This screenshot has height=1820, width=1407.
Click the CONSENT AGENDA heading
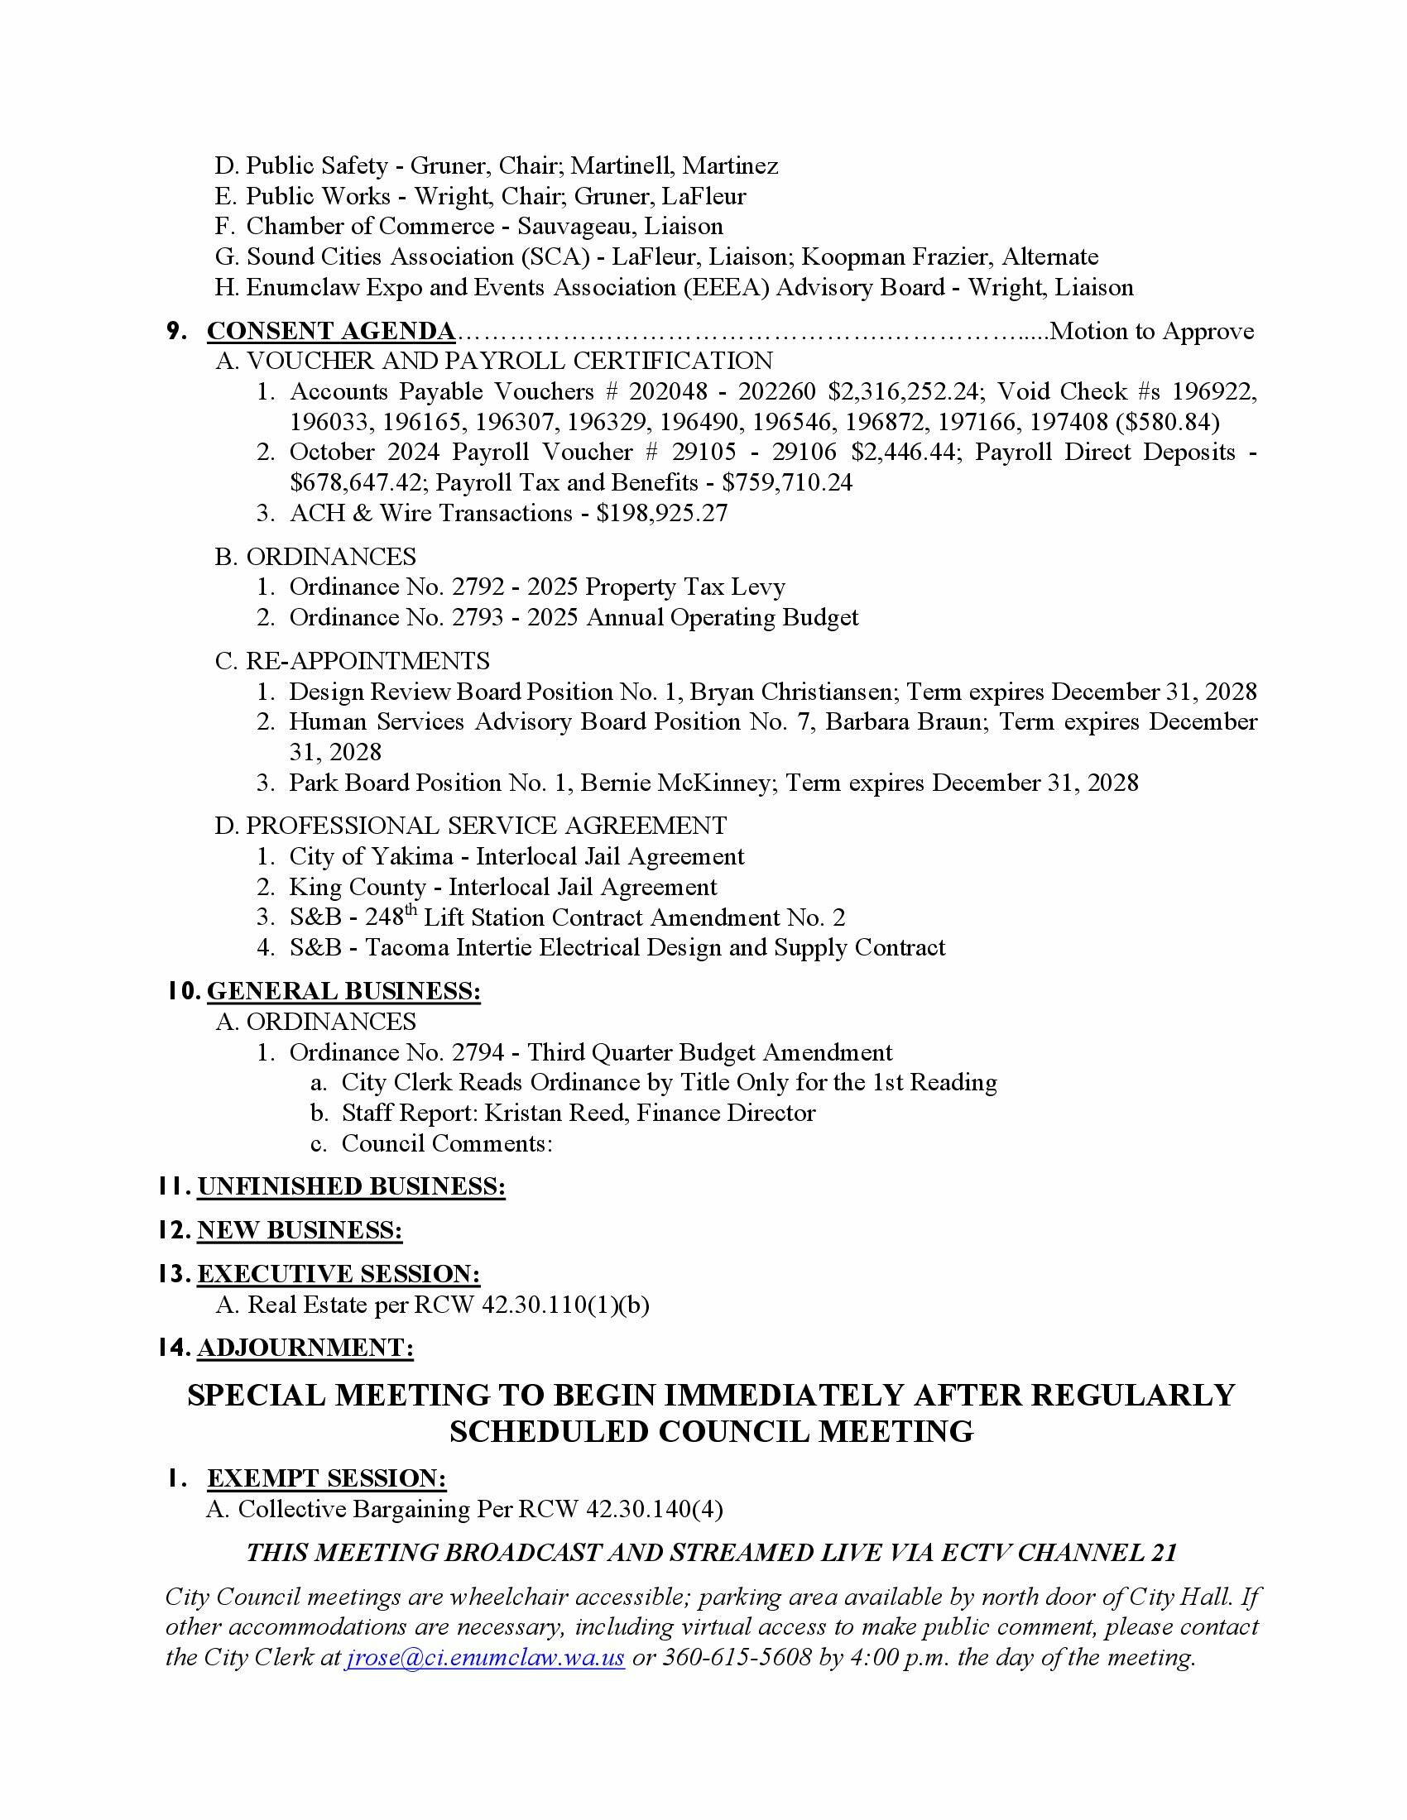331,331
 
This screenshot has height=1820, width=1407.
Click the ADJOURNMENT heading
305,1348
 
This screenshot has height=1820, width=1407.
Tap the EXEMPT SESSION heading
327,1478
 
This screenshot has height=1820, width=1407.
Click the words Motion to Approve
1151,331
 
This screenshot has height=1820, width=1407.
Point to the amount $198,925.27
662,513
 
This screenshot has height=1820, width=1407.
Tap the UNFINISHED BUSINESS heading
351,1186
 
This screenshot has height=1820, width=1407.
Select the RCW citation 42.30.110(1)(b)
565,1304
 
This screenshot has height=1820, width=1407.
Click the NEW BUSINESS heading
300,1231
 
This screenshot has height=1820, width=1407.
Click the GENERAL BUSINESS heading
343,991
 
